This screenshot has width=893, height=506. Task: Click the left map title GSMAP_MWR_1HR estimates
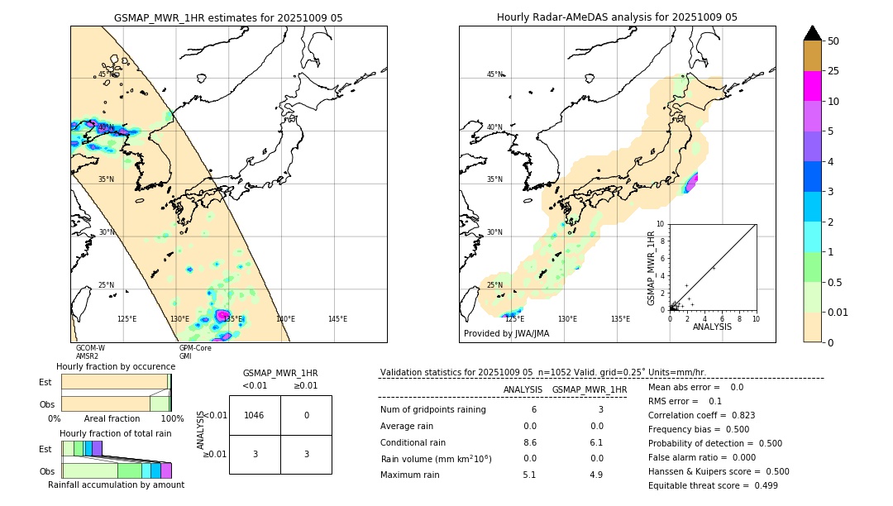(x=228, y=17)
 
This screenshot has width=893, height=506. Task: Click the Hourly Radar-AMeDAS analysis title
(x=617, y=17)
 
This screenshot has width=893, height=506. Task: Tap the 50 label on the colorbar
(x=834, y=41)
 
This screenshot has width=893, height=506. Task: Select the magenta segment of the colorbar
(x=813, y=86)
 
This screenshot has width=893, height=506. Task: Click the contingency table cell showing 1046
(x=255, y=415)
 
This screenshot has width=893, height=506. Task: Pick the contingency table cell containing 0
(x=306, y=415)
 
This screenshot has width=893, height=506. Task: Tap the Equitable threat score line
(x=713, y=485)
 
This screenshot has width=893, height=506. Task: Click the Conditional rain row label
(x=413, y=442)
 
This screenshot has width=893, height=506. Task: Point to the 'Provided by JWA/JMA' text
(x=506, y=333)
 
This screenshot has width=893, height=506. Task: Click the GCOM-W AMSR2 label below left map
(x=89, y=352)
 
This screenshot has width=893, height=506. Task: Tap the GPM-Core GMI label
(x=195, y=352)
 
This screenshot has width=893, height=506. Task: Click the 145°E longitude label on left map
(x=337, y=319)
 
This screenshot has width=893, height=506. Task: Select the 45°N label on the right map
(x=494, y=74)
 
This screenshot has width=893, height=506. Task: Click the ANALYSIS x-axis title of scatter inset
(x=712, y=327)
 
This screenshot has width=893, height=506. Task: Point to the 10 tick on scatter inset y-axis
(x=660, y=223)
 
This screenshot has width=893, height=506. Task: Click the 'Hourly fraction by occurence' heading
(x=116, y=366)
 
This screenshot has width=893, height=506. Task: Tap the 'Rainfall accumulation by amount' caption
(x=116, y=485)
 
